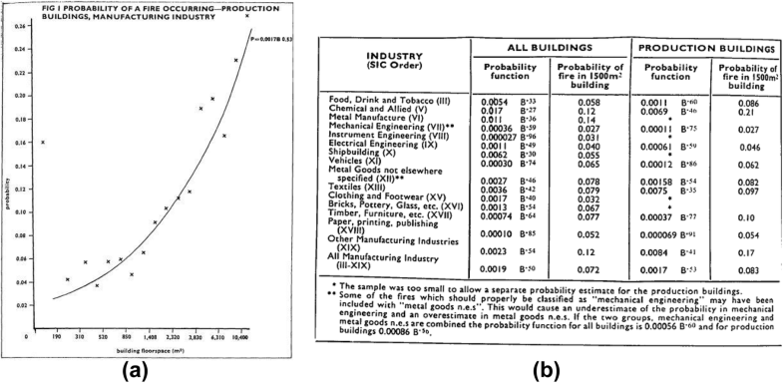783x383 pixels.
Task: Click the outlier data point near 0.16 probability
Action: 43,143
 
